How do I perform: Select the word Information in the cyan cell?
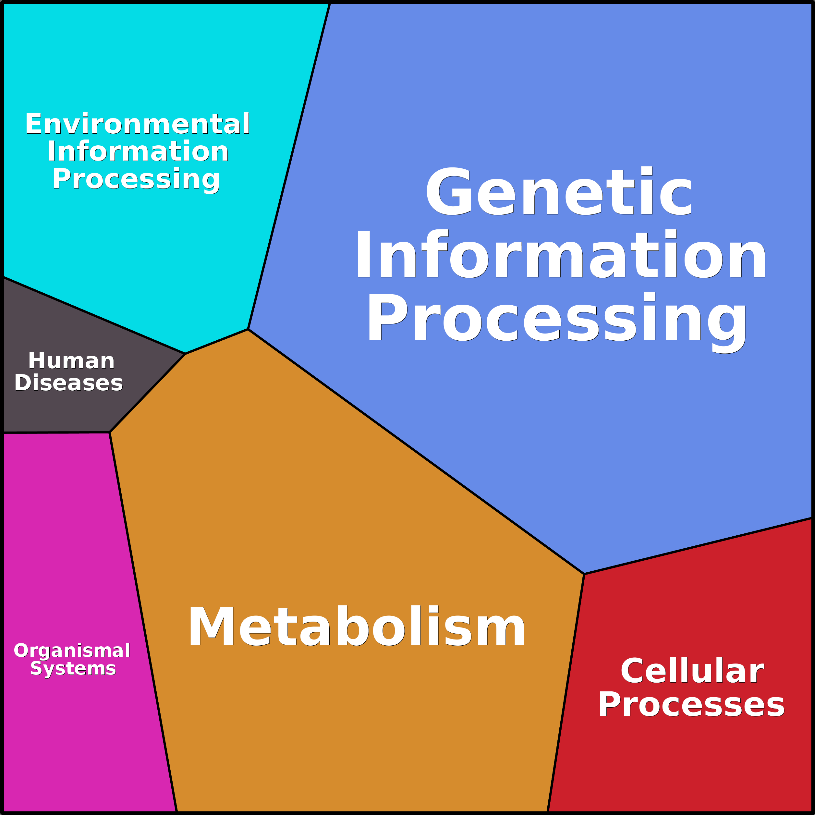click(x=138, y=152)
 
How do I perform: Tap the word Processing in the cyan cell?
click(x=136, y=179)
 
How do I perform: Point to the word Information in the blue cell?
click(x=560, y=255)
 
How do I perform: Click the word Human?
click(x=71, y=361)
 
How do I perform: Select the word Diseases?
click(x=68, y=383)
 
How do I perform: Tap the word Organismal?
click(x=72, y=651)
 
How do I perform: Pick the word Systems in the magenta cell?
click(x=73, y=668)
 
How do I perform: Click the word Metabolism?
click(x=357, y=626)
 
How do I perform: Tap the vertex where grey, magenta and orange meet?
click(x=110, y=432)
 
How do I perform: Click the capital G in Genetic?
click(x=448, y=192)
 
